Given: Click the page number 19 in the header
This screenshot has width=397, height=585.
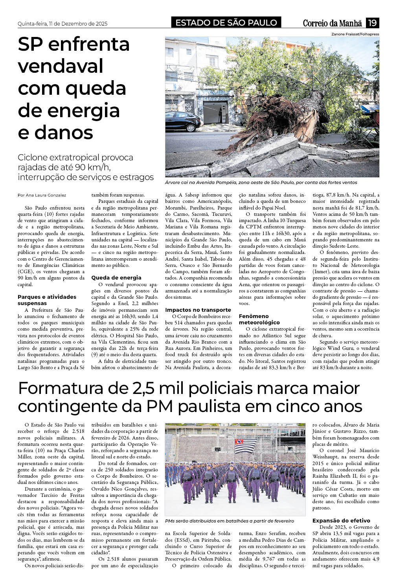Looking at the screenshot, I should [x=372, y=23].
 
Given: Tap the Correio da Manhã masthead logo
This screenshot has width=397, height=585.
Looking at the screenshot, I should [x=333, y=23].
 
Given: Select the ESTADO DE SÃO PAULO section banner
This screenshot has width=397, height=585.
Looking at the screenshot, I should [x=226, y=23].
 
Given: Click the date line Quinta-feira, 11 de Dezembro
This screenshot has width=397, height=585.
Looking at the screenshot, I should [x=62, y=24].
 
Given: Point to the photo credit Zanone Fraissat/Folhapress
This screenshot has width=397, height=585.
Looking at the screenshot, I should [x=355, y=34].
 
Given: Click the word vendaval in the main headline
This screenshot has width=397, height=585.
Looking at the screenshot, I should [x=61, y=66].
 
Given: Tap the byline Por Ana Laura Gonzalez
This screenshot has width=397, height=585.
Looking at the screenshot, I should [x=42, y=195].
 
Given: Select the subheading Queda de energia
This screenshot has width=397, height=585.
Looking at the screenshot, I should [x=116, y=278].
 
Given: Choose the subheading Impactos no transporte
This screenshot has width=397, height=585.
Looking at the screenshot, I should [x=198, y=310].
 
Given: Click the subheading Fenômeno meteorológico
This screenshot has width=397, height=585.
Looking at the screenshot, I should [x=259, y=319].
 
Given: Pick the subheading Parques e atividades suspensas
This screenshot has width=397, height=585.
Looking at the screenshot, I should [x=47, y=300].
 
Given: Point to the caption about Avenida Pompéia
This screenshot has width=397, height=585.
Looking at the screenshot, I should [x=261, y=182].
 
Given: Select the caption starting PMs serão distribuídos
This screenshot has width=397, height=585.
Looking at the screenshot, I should [x=230, y=521].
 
